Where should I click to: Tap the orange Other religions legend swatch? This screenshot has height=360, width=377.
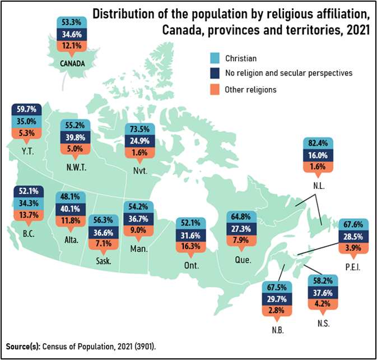[x=213, y=89]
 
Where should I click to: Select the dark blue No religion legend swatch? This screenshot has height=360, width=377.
[x=213, y=73]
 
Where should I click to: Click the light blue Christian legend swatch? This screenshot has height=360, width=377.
[x=213, y=58]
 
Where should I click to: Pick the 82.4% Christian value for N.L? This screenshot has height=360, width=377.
[x=318, y=143]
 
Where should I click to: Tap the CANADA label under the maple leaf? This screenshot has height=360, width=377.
[x=72, y=63]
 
